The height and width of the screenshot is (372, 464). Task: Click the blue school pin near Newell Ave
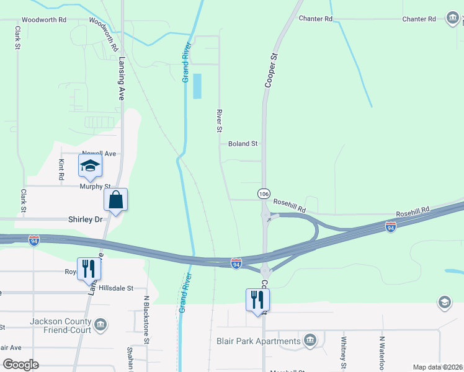pos(90,166)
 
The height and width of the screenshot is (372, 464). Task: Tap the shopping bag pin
pos(115,200)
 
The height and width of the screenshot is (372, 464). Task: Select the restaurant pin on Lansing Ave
pos(89,268)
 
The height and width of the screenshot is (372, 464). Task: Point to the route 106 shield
pos(264,194)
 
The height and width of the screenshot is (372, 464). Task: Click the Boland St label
pos(243,144)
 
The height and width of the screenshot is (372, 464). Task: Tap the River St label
pos(218,121)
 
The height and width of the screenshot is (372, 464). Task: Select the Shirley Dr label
pos(84,219)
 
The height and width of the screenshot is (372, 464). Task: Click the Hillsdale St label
pos(113,288)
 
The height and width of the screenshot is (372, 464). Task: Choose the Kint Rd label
pos(61,169)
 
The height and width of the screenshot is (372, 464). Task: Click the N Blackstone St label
pos(147,319)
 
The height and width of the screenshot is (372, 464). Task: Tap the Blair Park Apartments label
pos(259,341)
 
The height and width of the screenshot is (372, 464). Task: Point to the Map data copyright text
pos(438,367)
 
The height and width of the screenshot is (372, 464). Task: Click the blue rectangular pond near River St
pos(197,86)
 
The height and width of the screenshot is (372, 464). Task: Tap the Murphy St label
pos(94,186)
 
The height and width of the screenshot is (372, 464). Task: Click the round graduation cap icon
pos(444,303)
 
